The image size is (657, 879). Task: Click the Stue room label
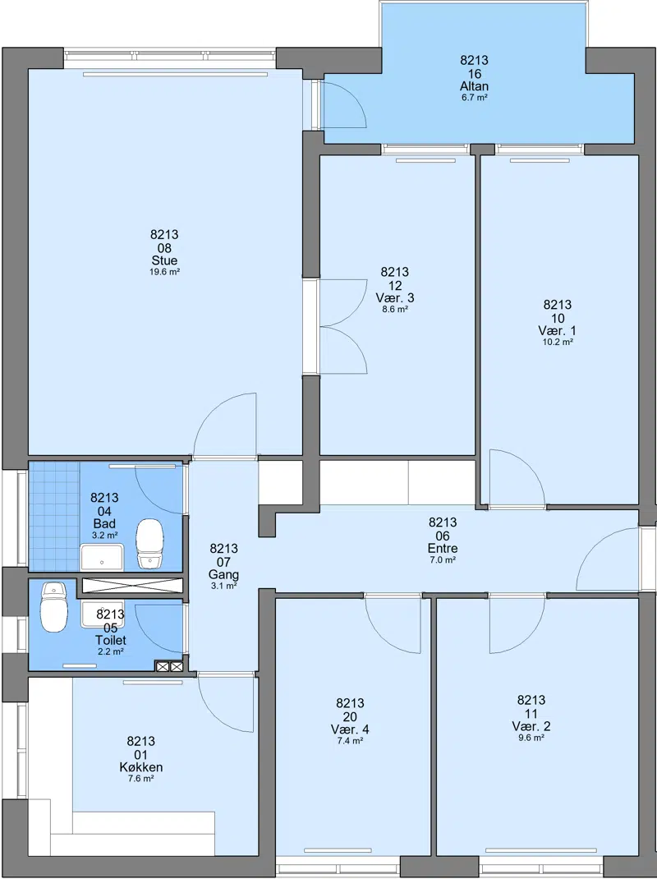click(x=164, y=260)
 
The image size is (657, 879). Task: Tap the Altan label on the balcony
click(x=474, y=86)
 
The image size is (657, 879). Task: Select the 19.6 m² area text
click(x=164, y=272)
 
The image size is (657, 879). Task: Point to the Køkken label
click(x=141, y=767)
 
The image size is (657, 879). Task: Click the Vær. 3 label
click(x=395, y=297)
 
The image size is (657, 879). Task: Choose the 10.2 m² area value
click(x=558, y=342)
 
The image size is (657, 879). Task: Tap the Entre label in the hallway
click(x=443, y=548)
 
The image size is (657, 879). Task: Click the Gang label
click(x=223, y=575)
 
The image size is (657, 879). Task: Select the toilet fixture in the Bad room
click(x=149, y=543)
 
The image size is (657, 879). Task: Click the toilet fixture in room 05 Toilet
click(x=53, y=607)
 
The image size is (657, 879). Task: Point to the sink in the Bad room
click(x=102, y=557)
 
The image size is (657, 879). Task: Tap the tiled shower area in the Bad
click(x=54, y=516)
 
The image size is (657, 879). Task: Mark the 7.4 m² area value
click(x=350, y=740)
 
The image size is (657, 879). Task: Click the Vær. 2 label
click(x=531, y=726)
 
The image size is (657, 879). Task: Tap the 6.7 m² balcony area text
click(x=474, y=98)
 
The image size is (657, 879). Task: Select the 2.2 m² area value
click(x=110, y=651)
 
